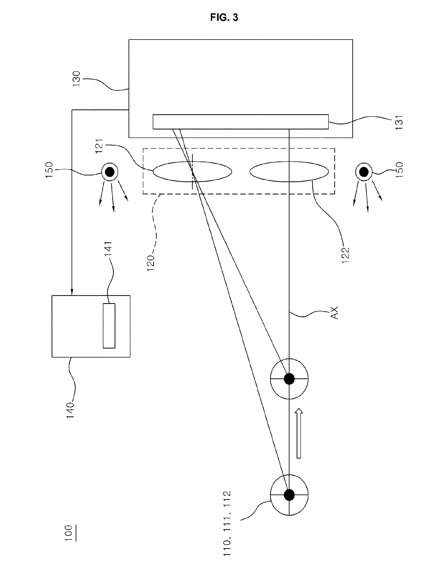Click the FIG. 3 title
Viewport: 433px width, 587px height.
224,18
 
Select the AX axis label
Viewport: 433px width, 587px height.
334,313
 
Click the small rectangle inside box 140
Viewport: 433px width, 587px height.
109,326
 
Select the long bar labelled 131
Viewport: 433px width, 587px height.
241,122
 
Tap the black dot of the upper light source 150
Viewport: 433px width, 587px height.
110,172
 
